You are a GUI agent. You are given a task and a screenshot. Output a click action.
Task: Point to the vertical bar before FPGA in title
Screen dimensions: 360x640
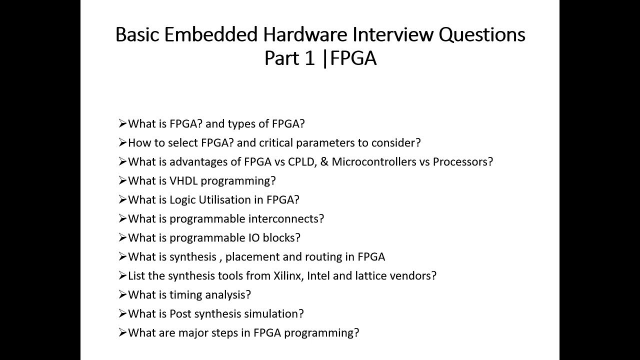click(x=325, y=58)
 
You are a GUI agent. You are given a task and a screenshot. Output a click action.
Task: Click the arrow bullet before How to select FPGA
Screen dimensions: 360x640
click(x=122, y=143)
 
